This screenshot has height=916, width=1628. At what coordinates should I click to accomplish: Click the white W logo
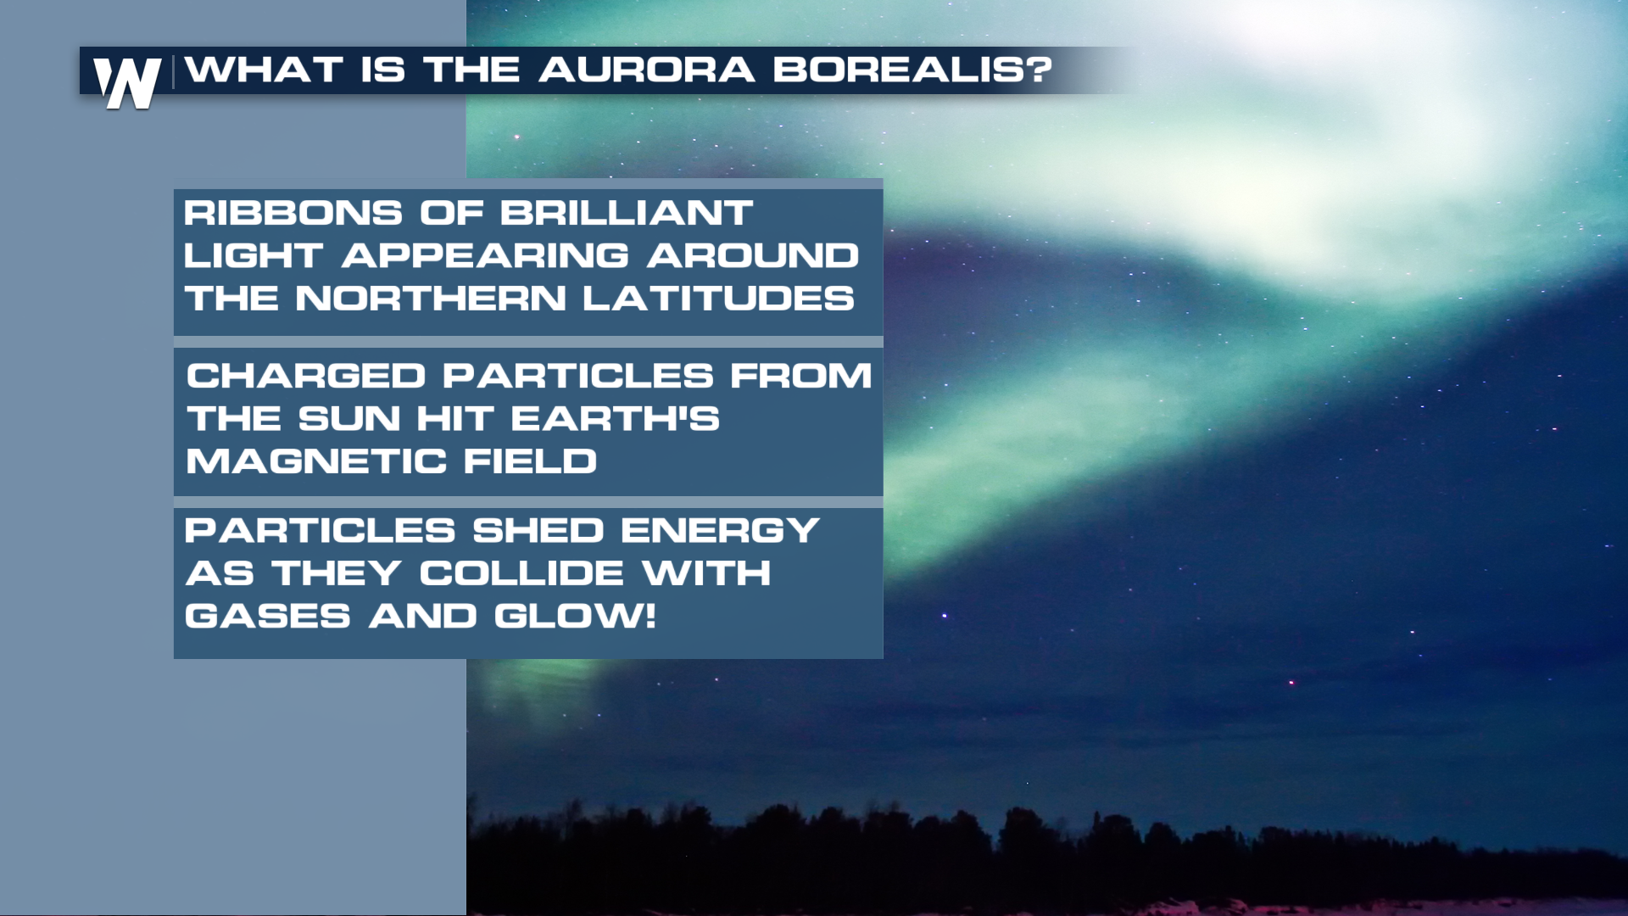point(127,83)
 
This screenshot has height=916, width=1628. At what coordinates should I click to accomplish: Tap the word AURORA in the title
point(646,70)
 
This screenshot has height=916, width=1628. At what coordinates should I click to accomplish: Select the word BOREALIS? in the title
point(912,70)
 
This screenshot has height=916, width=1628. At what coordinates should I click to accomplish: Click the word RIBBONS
point(293,213)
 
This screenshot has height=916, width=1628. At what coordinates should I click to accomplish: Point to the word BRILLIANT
point(627,213)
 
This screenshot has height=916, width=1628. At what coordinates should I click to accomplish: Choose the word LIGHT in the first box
point(254,255)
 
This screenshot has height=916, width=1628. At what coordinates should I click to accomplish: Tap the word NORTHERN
point(431,299)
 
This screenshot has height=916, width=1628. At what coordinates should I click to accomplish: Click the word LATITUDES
point(719,299)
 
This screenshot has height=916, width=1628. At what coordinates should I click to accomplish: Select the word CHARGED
point(306,376)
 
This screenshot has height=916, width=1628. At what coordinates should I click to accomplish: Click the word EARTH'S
point(616,419)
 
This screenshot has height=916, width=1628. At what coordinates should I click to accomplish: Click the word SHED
point(538,531)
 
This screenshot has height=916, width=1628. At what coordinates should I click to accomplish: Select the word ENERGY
point(720,531)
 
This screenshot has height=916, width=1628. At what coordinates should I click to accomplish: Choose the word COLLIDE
point(521,573)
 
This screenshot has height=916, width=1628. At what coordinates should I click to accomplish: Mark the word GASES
point(268,617)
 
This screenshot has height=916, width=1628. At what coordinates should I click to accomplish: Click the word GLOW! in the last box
point(575,617)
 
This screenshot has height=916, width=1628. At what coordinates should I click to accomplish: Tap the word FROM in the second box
point(800,376)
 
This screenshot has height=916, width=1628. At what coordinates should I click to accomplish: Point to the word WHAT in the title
point(265,70)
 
